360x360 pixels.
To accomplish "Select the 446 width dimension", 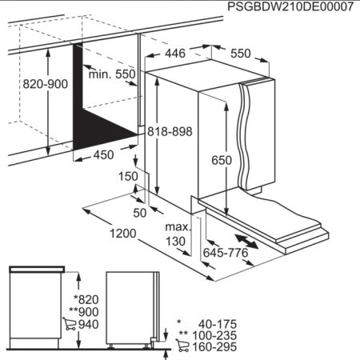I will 176,54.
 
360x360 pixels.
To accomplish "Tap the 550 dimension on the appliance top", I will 240,54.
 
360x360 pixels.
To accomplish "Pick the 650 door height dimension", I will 222,160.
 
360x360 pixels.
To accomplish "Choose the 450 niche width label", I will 103,155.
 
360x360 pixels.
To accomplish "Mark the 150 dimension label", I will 128,176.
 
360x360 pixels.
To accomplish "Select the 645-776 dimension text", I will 226,254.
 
